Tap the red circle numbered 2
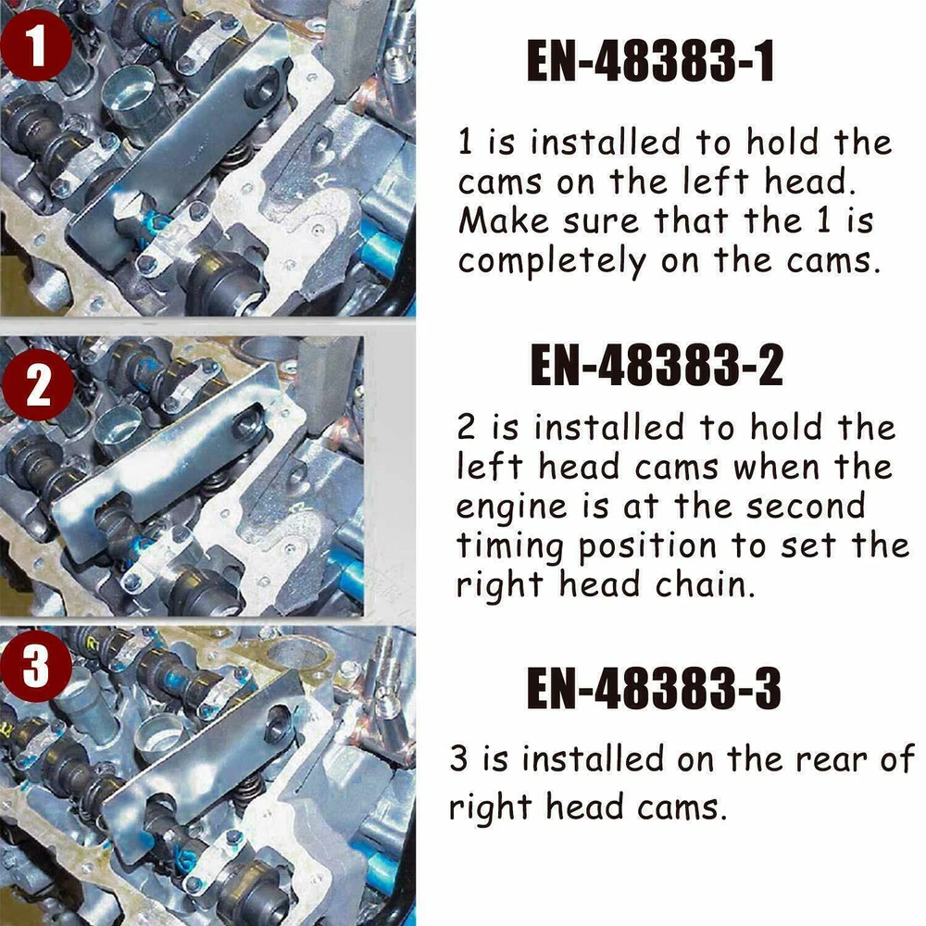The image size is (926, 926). point(38,385)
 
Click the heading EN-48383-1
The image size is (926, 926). point(650,61)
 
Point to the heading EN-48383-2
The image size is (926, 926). point(657,365)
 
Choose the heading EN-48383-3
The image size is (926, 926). point(654,689)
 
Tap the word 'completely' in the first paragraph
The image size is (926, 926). point(552,262)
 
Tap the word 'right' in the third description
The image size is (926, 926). point(490,809)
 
